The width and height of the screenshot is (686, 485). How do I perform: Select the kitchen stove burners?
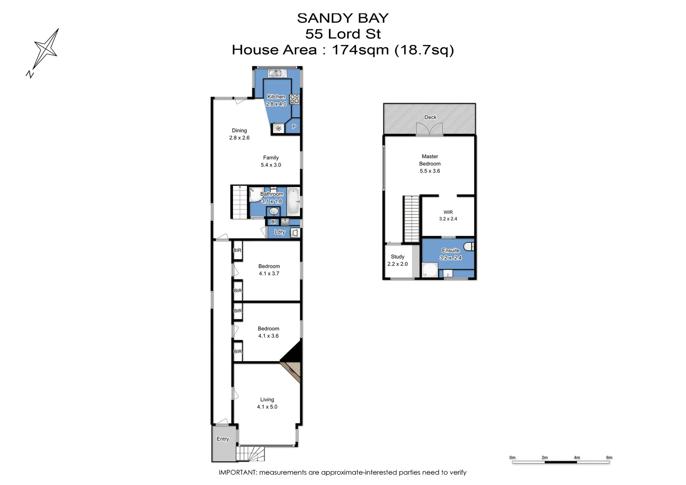point(295,99)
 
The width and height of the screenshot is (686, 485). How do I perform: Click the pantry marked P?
point(294,127)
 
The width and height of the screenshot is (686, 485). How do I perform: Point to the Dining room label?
point(239,131)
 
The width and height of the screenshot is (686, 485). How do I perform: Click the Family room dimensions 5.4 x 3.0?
point(271,165)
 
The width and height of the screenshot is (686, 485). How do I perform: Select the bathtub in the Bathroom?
point(293,201)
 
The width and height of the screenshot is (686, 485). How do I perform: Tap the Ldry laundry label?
point(280,232)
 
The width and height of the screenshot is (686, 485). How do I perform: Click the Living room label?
point(267,400)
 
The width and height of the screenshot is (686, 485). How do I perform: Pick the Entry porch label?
point(223,439)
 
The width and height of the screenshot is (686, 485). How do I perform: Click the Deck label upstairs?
point(430,117)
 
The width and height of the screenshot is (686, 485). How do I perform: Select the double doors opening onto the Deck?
point(429,129)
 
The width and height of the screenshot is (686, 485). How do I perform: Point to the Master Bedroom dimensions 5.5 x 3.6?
point(430,171)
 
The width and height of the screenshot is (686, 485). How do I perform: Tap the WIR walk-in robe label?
point(448,212)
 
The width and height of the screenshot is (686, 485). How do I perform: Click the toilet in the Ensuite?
point(469,246)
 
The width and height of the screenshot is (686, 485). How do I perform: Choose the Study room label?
point(397,257)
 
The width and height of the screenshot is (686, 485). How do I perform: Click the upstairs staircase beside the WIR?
point(411,219)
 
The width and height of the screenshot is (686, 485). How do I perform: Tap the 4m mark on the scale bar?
point(576,458)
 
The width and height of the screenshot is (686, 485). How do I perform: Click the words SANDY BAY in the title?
point(343,18)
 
